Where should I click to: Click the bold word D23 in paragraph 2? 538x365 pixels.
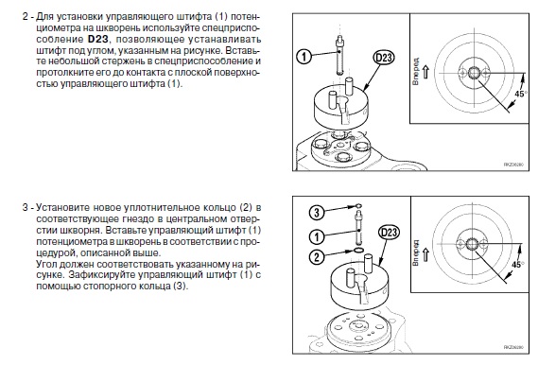[x=98, y=39]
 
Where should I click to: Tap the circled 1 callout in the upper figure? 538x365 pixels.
[x=304, y=56]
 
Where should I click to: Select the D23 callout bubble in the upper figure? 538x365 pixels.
[x=384, y=58]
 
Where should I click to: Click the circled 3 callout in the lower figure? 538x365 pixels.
[x=317, y=213]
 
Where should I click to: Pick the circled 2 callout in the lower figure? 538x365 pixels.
[x=317, y=256]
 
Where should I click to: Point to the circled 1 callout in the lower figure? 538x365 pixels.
[x=317, y=236]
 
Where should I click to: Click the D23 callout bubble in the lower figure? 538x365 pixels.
[x=389, y=233]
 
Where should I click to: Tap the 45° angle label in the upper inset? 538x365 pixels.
[x=520, y=94]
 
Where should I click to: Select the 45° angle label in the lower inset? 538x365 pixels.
[x=518, y=265]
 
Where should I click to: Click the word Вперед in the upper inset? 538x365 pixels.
[x=415, y=72]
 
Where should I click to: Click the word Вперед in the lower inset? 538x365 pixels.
[x=415, y=253]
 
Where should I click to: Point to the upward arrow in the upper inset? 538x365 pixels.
[x=425, y=72]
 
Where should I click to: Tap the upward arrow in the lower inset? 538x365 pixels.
[x=425, y=254]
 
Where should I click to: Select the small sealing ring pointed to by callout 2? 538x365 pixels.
[x=359, y=250]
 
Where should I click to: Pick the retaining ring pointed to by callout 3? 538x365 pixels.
[x=357, y=206]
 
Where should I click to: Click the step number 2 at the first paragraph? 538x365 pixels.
[x=26, y=16]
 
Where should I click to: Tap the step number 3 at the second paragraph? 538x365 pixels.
[x=26, y=207]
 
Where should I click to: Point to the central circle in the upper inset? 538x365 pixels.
[x=475, y=73]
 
